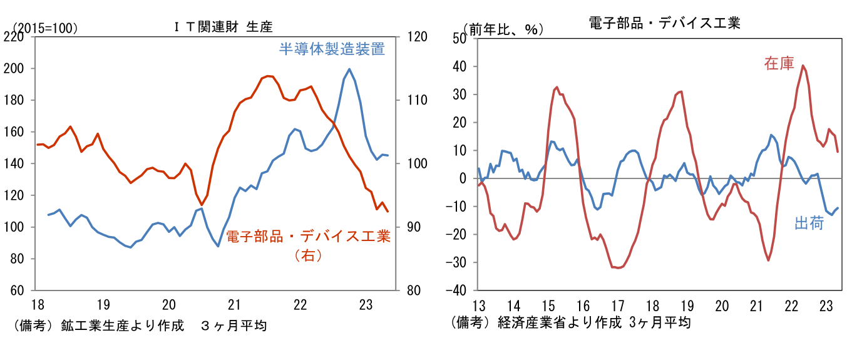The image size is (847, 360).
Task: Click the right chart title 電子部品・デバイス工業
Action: (x=664, y=23)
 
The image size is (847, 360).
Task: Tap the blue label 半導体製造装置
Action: (x=331, y=49)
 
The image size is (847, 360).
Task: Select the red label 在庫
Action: (x=778, y=63)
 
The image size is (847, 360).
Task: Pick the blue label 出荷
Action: (x=808, y=224)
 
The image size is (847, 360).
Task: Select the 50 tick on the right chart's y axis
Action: (x=460, y=38)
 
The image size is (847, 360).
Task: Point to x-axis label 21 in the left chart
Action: (x=234, y=305)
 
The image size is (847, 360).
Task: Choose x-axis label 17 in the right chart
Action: (x=618, y=306)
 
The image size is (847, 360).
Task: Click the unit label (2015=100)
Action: (x=45, y=28)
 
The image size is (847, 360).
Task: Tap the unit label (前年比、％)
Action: (x=503, y=29)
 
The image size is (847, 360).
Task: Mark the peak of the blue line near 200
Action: (x=349, y=69)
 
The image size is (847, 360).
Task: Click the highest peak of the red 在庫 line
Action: (x=803, y=66)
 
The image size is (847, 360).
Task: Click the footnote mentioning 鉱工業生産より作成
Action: (x=139, y=326)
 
